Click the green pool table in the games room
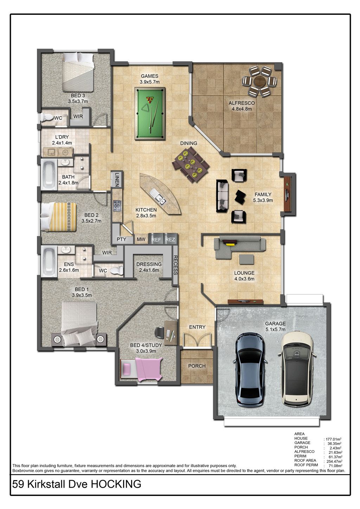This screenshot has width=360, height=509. tap(150, 114)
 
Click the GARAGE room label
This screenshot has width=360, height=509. tap(275, 323)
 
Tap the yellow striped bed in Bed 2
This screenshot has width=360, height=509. tap(58, 217)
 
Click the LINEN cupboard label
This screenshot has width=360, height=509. tap(117, 180)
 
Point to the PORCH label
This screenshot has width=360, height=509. tap(197, 366)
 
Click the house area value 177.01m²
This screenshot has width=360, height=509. tap(333, 439)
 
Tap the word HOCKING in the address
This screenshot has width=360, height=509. tap(116, 484)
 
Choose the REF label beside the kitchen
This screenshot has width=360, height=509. tap(156, 239)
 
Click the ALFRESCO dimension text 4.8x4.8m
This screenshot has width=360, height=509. tap(242, 109)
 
